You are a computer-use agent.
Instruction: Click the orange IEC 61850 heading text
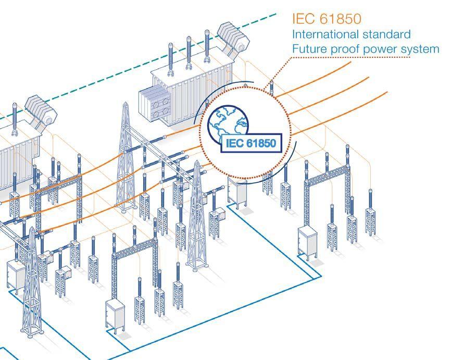click(327, 19)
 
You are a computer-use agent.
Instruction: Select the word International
click(325, 34)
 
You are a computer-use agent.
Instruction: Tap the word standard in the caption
click(386, 34)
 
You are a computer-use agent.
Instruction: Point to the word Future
click(310, 49)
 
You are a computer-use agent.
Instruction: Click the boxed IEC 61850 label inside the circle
click(251, 143)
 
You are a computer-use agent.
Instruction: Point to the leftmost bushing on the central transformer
click(171, 59)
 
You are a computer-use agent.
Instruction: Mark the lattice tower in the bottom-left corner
click(32, 283)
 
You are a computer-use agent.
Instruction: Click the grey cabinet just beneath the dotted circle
click(237, 192)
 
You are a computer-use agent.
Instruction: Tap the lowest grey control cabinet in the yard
click(115, 316)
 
